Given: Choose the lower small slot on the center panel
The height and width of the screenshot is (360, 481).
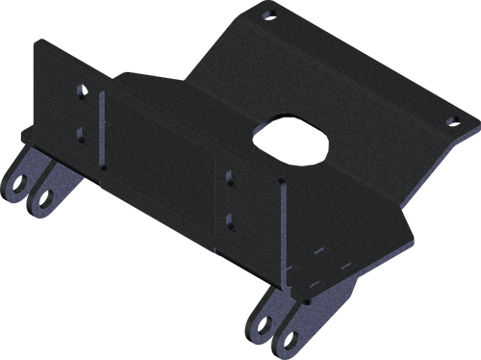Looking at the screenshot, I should (x=229, y=219).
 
